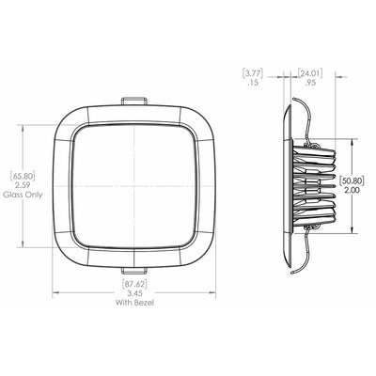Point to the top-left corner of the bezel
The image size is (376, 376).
(x=66, y=117)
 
